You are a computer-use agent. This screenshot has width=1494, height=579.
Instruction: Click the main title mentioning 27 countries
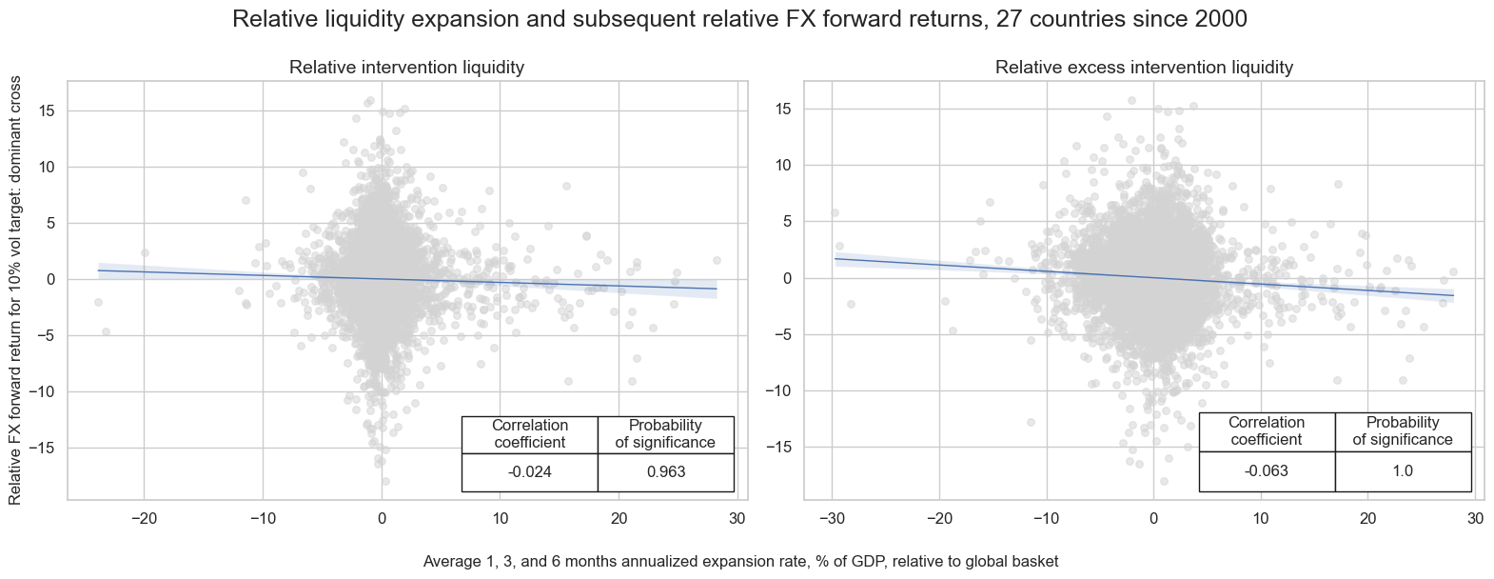click(739, 19)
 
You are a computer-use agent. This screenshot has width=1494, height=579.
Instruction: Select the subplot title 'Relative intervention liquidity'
click(406, 68)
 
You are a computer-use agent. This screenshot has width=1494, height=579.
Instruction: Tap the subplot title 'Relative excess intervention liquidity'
click(1144, 68)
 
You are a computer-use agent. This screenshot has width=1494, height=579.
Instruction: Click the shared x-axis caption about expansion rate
click(740, 562)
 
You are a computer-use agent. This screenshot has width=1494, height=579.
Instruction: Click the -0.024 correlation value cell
click(529, 472)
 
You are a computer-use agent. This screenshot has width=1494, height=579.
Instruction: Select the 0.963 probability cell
click(665, 472)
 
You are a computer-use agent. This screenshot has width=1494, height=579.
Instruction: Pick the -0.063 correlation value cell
click(1266, 471)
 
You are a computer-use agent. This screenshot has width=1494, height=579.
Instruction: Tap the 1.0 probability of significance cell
click(1402, 471)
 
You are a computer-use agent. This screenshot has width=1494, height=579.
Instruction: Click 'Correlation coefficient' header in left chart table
click(529, 434)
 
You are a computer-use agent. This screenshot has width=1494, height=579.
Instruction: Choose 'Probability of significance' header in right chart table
click(1402, 431)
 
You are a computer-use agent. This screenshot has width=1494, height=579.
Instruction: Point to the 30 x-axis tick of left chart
click(737, 519)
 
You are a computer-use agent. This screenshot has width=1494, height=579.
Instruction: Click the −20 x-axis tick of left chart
click(144, 519)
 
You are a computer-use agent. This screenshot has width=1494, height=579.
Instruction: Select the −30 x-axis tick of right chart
click(832, 519)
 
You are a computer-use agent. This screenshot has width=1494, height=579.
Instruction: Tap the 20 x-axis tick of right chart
click(1367, 519)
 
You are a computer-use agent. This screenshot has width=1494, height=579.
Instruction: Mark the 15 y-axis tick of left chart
click(47, 111)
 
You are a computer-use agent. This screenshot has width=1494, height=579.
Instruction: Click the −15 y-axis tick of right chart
click(783, 448)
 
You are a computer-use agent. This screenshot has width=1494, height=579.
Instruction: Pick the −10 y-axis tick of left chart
click(43, 391)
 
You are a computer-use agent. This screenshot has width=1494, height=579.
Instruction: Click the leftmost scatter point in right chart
click(835, 213)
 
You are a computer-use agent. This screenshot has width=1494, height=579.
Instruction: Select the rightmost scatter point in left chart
click(717, 260)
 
